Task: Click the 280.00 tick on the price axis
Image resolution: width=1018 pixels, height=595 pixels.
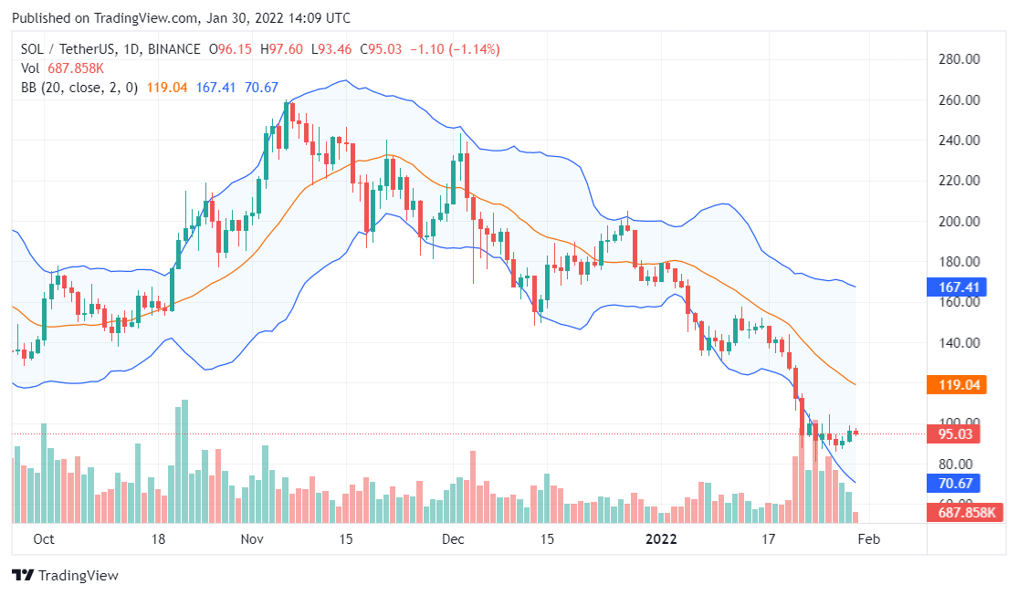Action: coord(960,60)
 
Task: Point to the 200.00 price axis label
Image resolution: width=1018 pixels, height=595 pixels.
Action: coord(960,222)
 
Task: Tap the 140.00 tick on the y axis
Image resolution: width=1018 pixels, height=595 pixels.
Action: coord(960,343)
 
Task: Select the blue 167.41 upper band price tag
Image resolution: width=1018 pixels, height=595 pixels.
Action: coord(959,287)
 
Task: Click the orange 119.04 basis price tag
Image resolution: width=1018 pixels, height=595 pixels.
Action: coord(959,385)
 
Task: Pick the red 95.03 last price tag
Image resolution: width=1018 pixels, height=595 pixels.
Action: coord(959,434)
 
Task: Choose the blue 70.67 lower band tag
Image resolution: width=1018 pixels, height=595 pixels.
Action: coord(959,484)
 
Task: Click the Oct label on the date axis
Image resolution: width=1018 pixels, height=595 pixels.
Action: coord(43,539)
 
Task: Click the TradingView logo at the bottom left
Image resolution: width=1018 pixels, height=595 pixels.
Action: coord(65,576)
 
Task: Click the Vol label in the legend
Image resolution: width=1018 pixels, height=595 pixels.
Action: coord(30,68)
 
